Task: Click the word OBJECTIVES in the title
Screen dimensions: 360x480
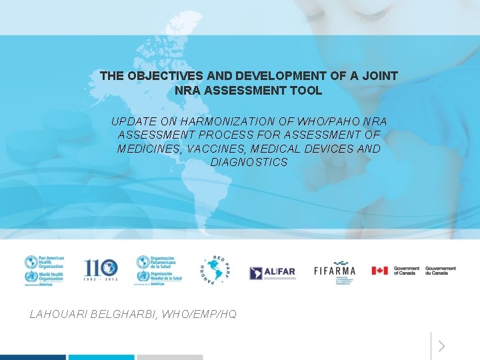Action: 157,76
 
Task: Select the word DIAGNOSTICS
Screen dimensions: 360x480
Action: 249,162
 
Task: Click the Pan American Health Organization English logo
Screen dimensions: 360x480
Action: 44,270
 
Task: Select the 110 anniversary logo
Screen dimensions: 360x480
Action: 101,270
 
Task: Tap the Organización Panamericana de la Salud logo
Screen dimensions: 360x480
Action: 158,270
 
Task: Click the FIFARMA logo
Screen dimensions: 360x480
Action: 335,271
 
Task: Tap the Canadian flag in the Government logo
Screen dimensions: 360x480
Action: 380,271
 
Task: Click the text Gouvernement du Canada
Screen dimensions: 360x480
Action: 441,271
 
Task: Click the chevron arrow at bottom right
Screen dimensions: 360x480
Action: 441,346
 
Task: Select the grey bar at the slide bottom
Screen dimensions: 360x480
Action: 169,357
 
